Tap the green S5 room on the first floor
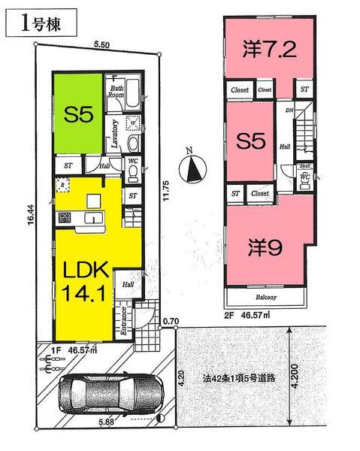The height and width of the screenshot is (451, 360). coord(77,115)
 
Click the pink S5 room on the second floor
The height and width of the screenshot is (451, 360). coord(248,141)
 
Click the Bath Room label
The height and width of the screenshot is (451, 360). coord(115,90)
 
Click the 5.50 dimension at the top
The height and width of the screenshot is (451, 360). coord(93,45)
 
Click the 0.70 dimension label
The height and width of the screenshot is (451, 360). coord(171,321)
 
